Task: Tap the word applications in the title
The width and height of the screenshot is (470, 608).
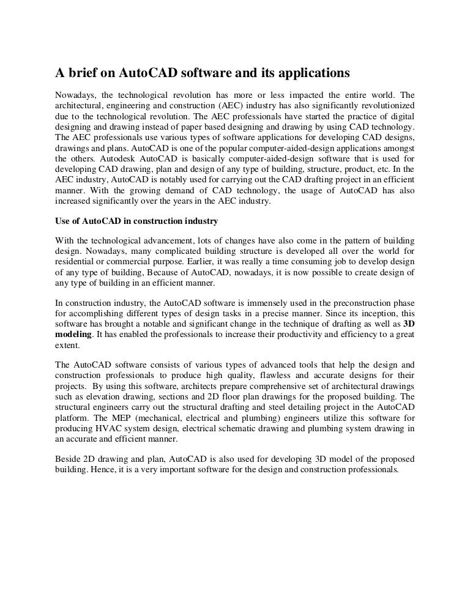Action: click(304, 74)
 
